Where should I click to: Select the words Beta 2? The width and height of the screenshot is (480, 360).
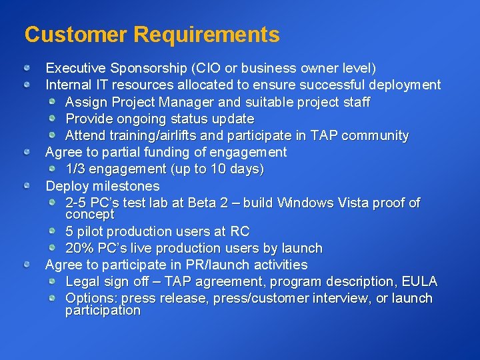(207, 203)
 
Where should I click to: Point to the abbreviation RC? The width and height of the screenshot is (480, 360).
(240, 231)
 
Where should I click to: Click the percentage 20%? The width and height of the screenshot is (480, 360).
(79, 248)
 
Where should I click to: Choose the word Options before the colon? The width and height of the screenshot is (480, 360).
(89, 298)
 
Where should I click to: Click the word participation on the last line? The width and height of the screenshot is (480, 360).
(103, 311)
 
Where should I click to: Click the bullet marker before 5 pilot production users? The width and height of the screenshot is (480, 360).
(53, 231)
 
